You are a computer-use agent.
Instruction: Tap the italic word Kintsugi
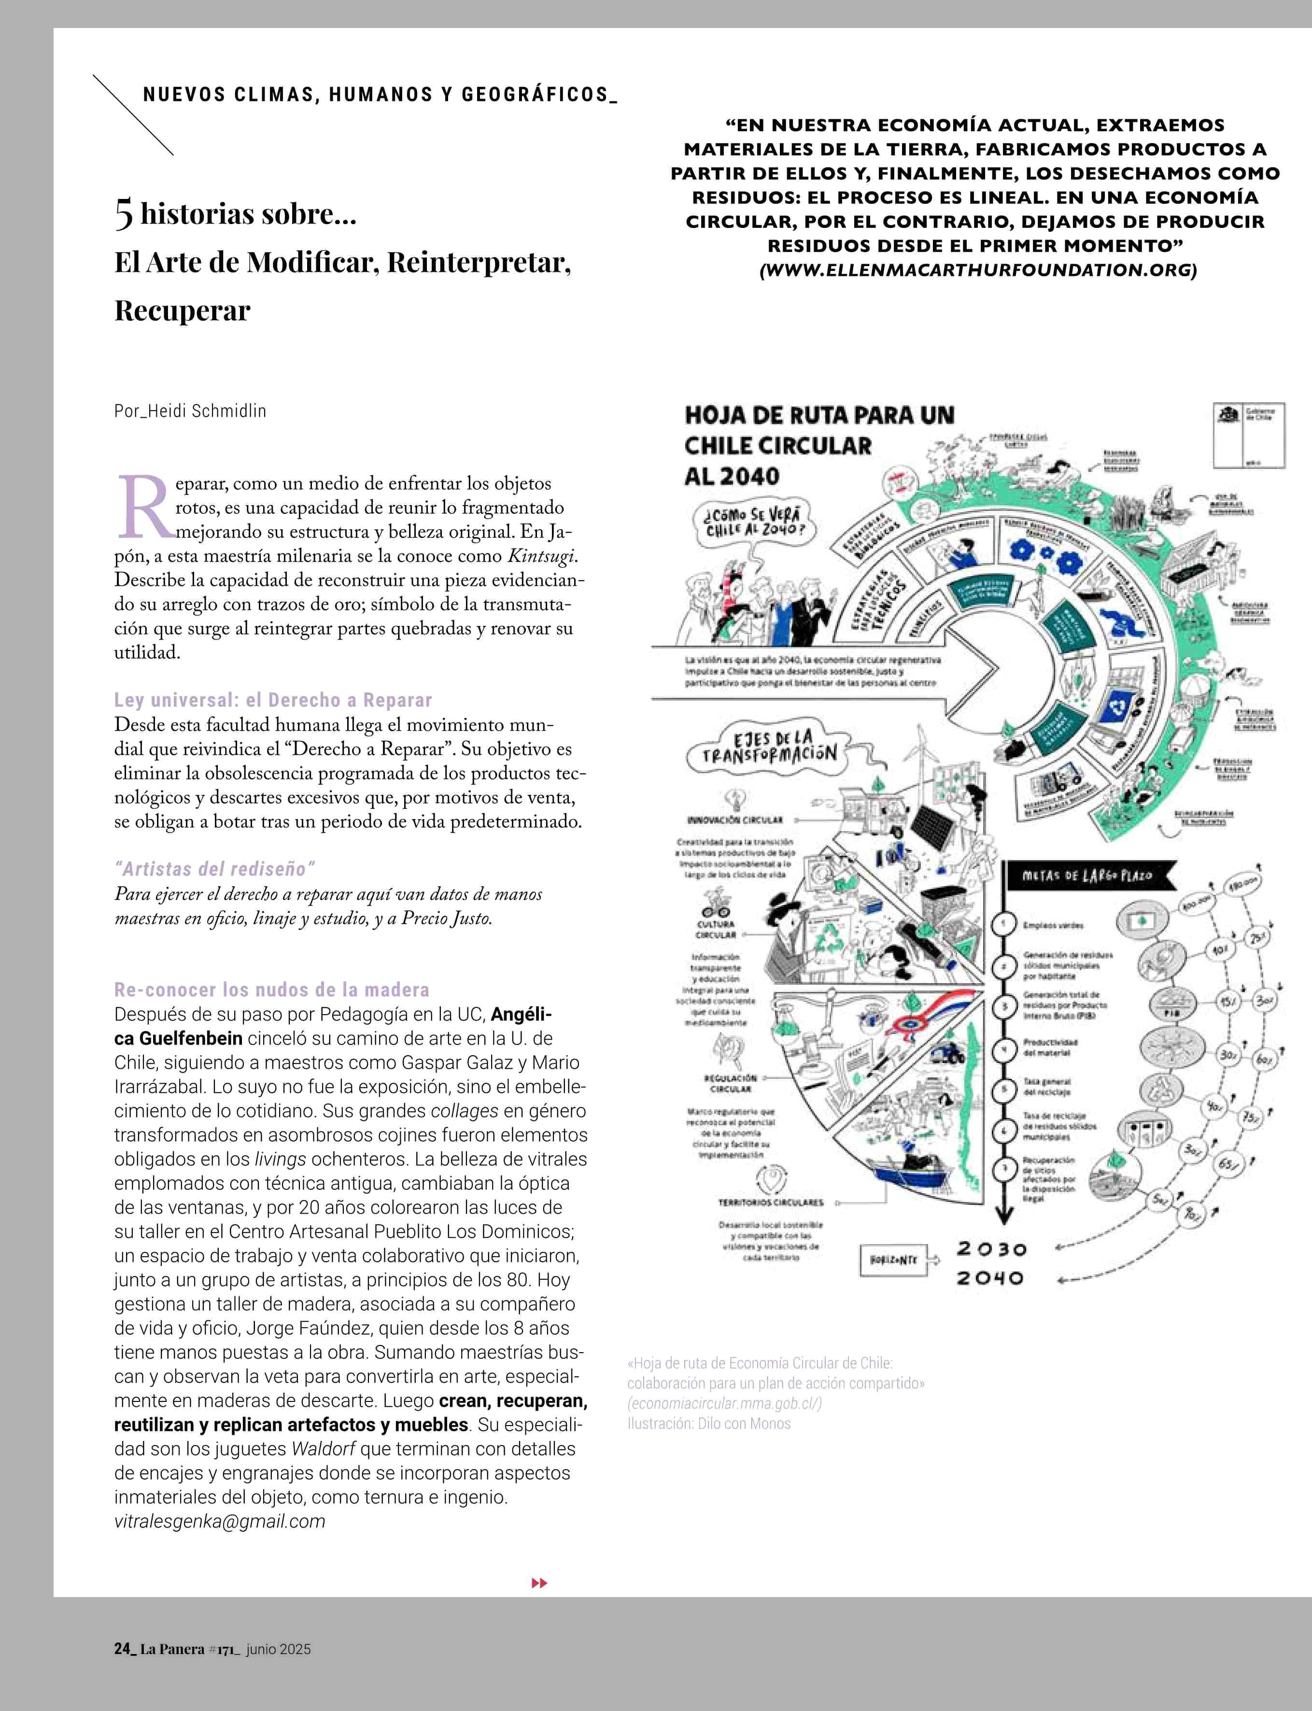coord(542,556)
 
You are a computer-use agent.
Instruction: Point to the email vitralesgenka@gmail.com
coord(219,1521)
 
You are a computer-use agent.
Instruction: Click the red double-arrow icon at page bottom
coord(539,1583)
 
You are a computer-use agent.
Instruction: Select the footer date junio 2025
coord(278,1649)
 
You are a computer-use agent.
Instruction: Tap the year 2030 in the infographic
coord(992,1249)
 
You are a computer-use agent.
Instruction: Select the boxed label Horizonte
coord(893,1259)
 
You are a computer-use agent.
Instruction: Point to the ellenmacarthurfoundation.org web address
coord(978,270)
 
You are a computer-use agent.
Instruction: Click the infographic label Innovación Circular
coord(734,820)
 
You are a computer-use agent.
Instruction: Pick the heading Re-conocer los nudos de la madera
coord(272,990)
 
